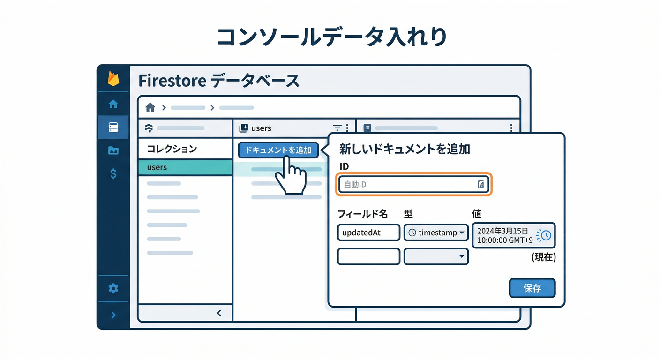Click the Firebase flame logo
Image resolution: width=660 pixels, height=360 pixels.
(113, 78)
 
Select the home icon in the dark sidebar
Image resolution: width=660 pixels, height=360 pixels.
(113, 104)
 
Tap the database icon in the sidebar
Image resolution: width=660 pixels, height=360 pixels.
(113, 127)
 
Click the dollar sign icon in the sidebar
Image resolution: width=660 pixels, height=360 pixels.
(113, 174)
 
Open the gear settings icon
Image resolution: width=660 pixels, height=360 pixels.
(113, 288)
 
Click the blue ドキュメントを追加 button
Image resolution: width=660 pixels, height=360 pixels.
(278, 150)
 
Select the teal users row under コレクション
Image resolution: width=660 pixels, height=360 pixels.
(185, 167)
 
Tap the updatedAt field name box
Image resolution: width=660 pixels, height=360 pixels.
(368, 232)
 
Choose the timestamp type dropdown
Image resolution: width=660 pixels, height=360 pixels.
(436, 232)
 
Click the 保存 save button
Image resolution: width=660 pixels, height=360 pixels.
(532, 288)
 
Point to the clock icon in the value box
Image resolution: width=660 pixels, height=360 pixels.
(545, 235)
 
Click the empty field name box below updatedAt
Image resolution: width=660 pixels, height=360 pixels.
(368, 256)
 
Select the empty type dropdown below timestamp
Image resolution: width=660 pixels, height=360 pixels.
(436, 256)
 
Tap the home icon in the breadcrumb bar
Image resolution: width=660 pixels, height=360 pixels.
(150, 107)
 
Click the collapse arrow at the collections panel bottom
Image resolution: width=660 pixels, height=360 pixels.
(219, 313)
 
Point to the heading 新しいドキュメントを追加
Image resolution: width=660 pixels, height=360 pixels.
(405, 150)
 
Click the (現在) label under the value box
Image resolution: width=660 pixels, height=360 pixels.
(544, 257)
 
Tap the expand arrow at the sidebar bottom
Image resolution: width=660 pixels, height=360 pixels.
(113, 315)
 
